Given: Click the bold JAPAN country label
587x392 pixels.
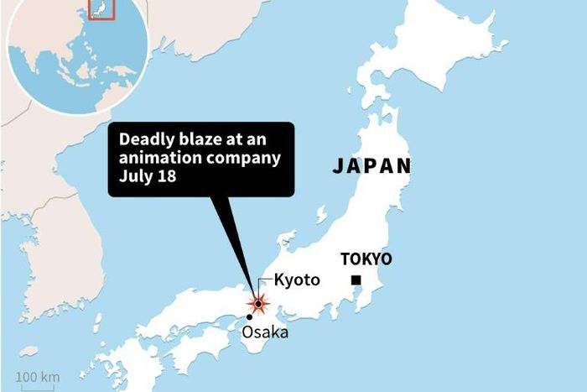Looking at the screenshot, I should [371, 165].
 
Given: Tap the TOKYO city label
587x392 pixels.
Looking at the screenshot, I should [365, 259].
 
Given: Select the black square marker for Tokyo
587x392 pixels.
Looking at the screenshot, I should [356, 280].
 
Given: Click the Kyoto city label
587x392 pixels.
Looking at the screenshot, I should [297, 280].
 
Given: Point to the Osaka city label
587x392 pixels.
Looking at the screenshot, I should [264, 332].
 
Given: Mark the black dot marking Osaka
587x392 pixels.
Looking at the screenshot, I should [249, 317].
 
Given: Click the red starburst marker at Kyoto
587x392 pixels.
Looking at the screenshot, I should [258, 303].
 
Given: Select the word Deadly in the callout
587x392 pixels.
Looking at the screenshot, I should [144, 139].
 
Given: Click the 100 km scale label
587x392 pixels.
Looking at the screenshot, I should [38, 377].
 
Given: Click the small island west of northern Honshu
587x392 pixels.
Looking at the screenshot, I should [320, 215].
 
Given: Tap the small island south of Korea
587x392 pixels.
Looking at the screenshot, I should [29, 351].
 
